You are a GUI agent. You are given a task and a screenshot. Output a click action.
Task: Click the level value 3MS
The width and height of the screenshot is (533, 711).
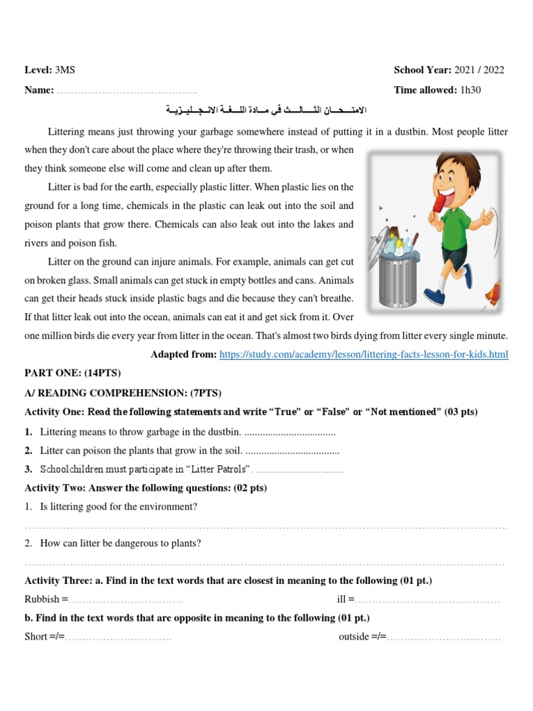click(67, 70)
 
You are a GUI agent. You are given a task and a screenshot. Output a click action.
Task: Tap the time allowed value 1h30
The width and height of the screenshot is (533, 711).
click(470, 90)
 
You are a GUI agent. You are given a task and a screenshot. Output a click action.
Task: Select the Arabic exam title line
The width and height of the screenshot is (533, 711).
click(266, 110)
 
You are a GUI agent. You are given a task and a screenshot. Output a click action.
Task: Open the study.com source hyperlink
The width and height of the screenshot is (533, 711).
click(364, 355)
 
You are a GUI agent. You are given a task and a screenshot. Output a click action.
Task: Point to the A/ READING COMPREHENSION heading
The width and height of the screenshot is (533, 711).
click(123, 393)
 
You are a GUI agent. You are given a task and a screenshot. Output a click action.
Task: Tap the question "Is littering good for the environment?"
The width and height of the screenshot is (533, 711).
click(119, 508)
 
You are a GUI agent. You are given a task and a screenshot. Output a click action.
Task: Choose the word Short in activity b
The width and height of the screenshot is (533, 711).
click(36, 637)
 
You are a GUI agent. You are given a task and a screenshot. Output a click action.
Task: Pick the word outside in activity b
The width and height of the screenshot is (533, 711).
click(354, 637)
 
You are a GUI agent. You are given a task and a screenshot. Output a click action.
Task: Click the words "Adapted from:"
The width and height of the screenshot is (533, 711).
click(183, 355)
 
